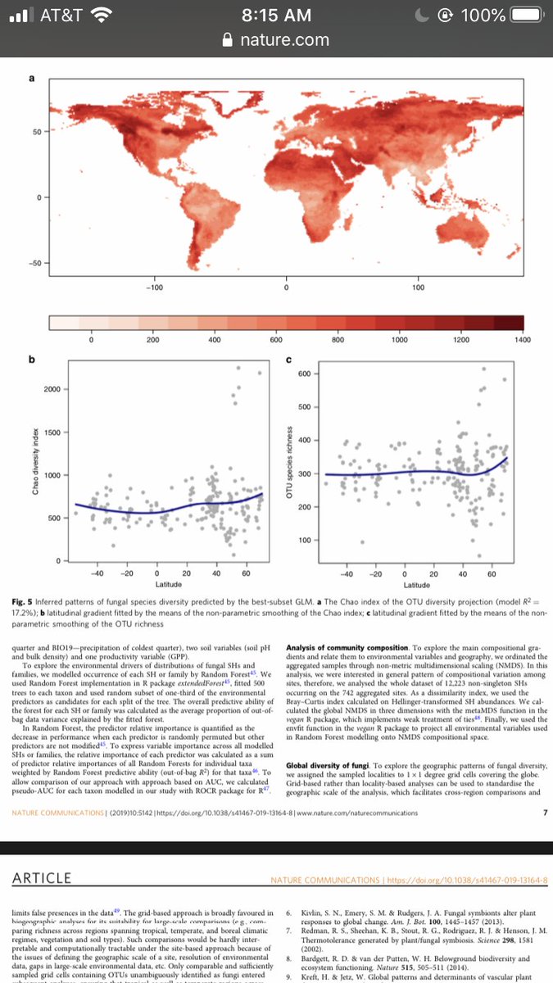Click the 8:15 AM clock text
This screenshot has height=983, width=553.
pyautogui.click(x=277, y=16)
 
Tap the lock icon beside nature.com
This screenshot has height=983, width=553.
pyautogui.click(x=216, y=39)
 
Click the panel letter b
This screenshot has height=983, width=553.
pyautogui.click(x=32, y=360)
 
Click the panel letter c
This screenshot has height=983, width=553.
pyautogui.click(x=289, y=360)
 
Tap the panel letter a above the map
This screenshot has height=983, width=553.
pyautogui.click(x=32, y=79)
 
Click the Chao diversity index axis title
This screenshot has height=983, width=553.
pyautogui.click(x=35, y=476)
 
